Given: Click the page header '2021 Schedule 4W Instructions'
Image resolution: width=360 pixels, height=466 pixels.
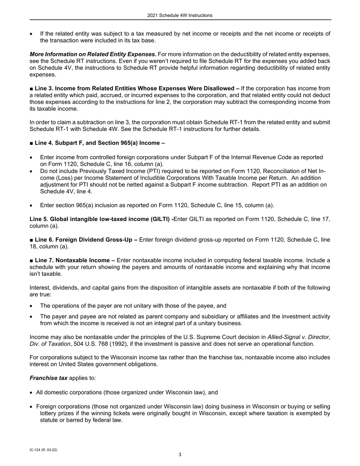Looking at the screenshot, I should [x=180, y=16].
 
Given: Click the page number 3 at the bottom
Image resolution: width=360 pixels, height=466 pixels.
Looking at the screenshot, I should [x=180, y=455].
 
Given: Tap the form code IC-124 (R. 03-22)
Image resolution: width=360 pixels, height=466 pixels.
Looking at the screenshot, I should [x=43, y=450].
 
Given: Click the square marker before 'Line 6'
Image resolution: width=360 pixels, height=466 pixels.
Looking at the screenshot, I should [x=31, y=239].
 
